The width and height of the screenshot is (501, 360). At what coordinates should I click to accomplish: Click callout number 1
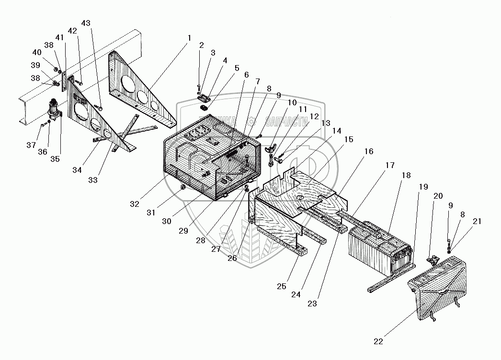tap(189, 37)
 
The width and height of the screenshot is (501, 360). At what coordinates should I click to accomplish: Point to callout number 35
tap(55, 158)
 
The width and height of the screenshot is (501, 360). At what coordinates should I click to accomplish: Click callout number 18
tap(406, 176)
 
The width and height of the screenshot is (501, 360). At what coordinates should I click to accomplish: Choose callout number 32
tap(135, 203)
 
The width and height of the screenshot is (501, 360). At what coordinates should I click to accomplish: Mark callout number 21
tap(477, 221)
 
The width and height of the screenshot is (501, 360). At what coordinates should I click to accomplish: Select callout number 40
tap(37, 52)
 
